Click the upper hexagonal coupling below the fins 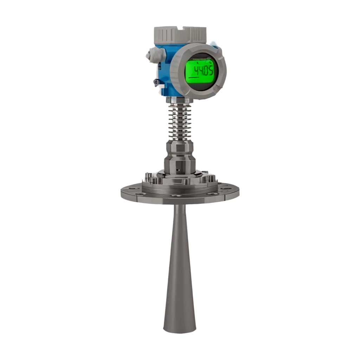coord(180,146)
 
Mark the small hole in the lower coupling coord(178,168)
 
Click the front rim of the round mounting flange coord(180,200)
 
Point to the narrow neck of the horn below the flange coord(180,214)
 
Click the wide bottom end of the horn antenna coord(180,325)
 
